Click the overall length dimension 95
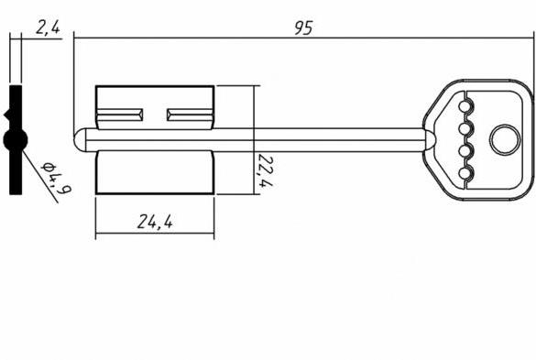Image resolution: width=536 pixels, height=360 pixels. (x=303, y=28)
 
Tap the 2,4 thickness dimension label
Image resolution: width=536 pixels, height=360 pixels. (x=48, y=27)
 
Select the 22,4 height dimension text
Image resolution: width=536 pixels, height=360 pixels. (x=266, y=170)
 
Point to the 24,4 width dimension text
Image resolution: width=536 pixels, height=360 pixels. (x=155, y=222)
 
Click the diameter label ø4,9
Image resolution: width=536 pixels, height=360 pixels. (x=57, y=178)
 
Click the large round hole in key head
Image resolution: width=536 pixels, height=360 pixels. (x=505, y=139)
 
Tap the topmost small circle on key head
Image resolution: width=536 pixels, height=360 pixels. (x=465, y=107)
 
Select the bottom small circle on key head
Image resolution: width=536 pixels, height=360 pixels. (x=465, y=173)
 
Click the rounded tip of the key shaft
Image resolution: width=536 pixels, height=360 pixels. (x=80, y=140)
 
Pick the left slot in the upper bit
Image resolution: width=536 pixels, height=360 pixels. (x=120, y=115)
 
